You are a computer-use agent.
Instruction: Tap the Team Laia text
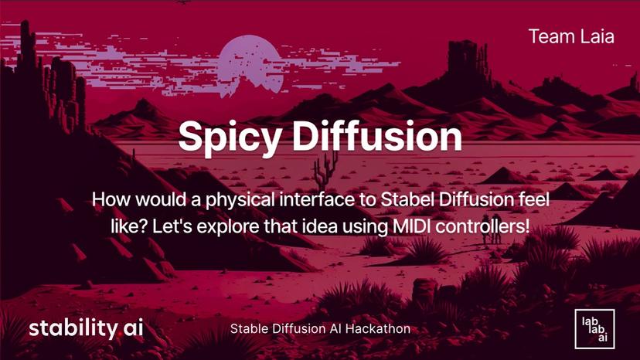(x=571, y=36)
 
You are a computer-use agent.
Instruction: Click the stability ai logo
(x=86, y=328)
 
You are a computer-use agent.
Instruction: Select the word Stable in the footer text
(x=250, y=328)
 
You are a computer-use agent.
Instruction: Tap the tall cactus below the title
(x=327, y=165)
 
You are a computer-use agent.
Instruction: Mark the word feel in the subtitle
(x=533, y=199)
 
